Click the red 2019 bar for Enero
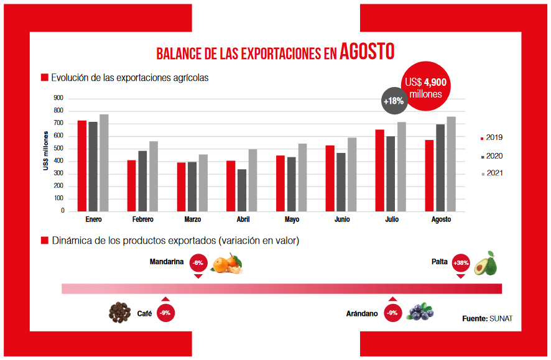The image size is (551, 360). pyautogui.click(x=81, y=165)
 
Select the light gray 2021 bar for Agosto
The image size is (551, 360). pyautogui.click(x=451, y=164)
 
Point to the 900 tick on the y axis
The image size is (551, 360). pyautogui.click(x=58, y=98)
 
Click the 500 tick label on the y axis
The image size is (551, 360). pyautogui.click(x=58, y=149)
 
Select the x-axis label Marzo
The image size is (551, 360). pyautogui.click(x=192, y=220)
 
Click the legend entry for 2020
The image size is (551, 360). pyautogui.click(x=491, y=156)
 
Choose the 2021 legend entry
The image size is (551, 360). pyautogui.click(x=491, y=173)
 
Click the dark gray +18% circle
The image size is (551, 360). pyautogui.click(x=394, y=101)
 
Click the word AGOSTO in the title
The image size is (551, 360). pyautogui.click(x=367, y=52)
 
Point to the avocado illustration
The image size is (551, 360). pyautogui.click(x=486, y=263)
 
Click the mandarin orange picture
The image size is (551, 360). pyautogui.click(x=225, y=264)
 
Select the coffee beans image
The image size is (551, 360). pyautogui.click(x=120, y=312)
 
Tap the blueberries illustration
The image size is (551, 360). pyautogui.click(x=420, y=312)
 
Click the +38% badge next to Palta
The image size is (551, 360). pyautogui.click(x=461, y=263)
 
